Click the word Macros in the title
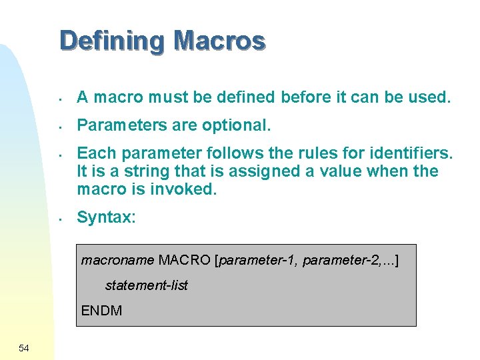pos(219,41)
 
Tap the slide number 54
pos(24,348)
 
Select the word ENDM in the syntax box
pos(102,311)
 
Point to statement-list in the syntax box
pos(147,285)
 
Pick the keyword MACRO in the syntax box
pos(185,260)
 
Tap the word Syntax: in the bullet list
pos(107,217)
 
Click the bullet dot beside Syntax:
pos(60,218)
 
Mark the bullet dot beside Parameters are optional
pos(60,126)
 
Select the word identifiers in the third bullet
pos(407,154)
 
